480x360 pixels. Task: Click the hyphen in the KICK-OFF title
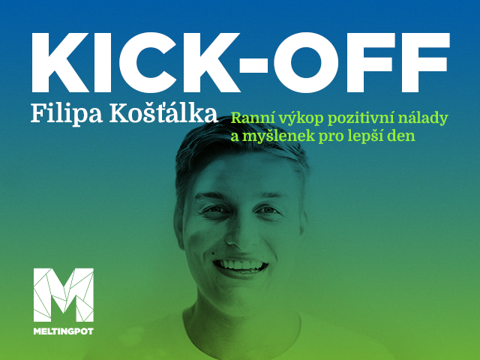tap(253, 65)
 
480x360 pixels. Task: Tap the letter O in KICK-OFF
tap(306, 63)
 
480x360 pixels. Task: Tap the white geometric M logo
tap(63, 295)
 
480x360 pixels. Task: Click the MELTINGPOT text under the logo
tap(63, 331)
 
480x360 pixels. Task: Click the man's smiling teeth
tap(241, 264)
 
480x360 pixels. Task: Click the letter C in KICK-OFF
tap(148, 63)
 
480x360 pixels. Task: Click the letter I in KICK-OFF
tap(103, 62)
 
